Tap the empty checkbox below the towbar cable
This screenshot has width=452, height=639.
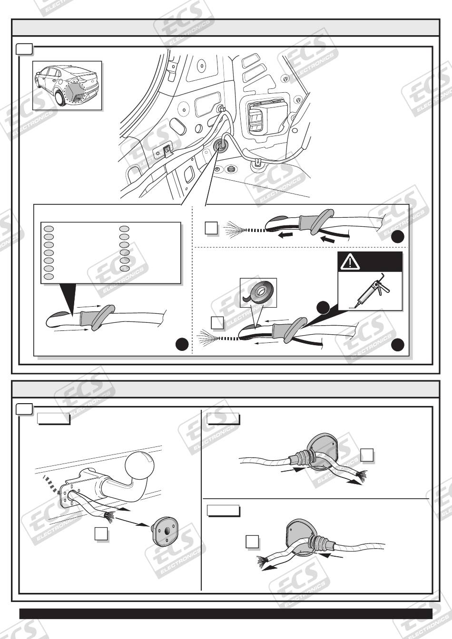[x=101, y=534]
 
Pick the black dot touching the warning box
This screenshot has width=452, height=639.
[x=323, y=307]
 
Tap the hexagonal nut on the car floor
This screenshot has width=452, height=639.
[x=231, y=169]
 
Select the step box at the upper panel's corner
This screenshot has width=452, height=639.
[x=24, y=49]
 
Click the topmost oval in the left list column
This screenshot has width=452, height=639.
[x=49, y=229]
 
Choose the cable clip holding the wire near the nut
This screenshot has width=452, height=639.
[x=257, y=163]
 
